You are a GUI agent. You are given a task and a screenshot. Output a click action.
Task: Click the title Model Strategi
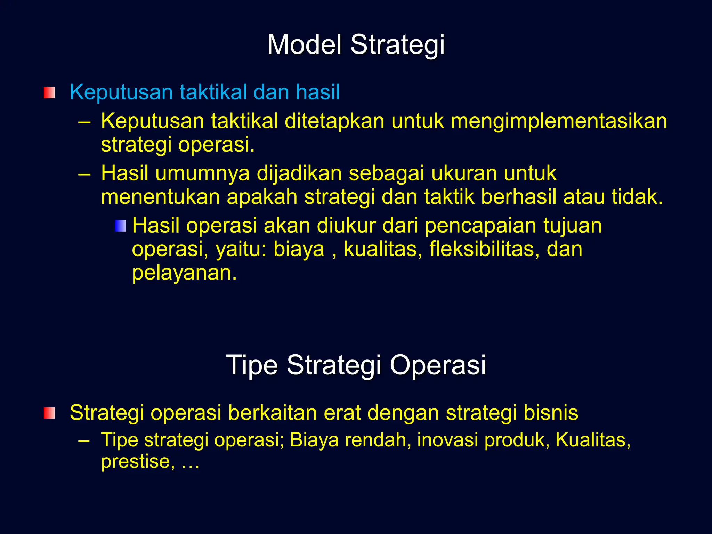coord(356,45)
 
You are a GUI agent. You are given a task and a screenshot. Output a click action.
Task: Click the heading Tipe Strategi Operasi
coord(356,365)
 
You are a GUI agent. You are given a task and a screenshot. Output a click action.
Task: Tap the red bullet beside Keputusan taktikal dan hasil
coord(49,93)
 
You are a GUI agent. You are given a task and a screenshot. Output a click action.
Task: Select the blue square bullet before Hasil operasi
coord(120,226)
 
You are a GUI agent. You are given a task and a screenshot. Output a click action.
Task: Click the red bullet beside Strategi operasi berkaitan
coord(49,413)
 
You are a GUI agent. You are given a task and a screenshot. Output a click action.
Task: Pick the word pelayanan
coord(184,273)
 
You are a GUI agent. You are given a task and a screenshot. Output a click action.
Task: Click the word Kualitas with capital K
coord(592,440)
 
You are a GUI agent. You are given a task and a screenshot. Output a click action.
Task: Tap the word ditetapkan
coord(334,122)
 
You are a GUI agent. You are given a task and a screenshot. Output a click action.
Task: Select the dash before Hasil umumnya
coord(84,174)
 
